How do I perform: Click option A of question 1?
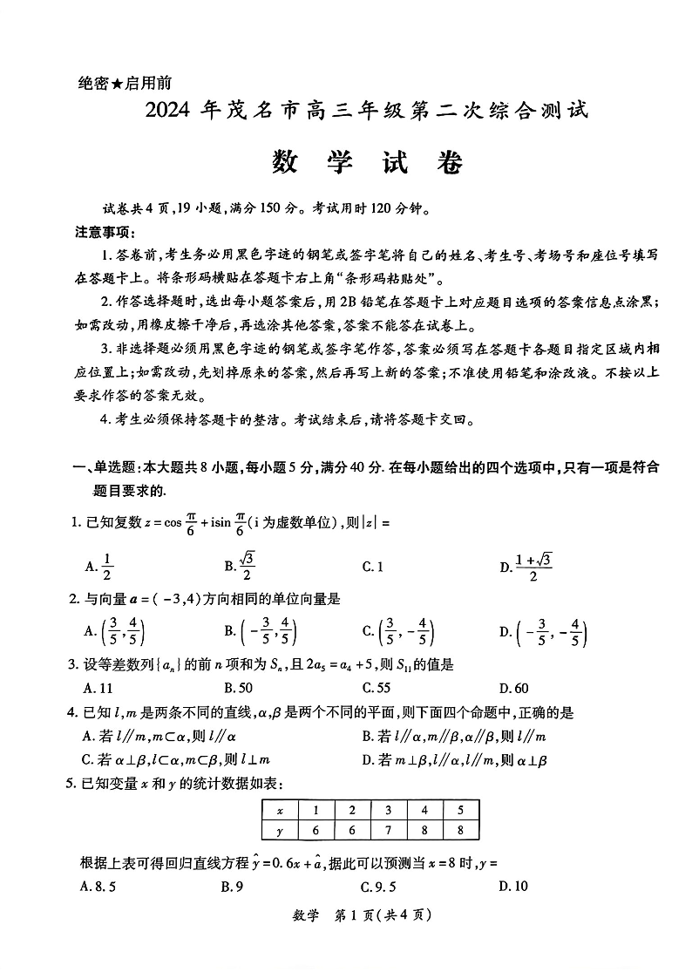(x=98, y=567)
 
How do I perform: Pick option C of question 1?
(x=373, y=567)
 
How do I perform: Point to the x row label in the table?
(x=280, y=810)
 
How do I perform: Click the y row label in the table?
(x=280, y=830)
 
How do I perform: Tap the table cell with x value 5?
(x=459, y=810)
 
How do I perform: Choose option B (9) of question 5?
(x=231, y=887)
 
